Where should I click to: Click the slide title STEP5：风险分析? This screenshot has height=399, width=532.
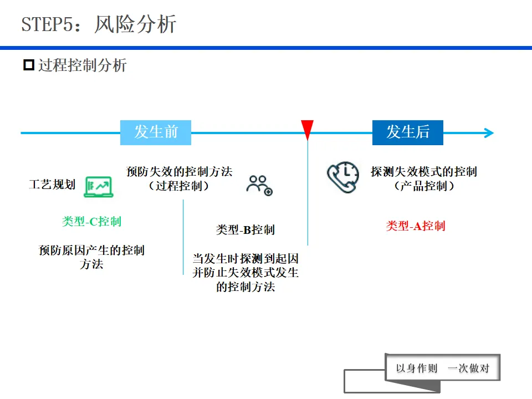99,25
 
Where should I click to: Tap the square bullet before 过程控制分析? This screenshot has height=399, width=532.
28,65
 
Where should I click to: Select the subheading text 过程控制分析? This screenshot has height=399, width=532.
82,65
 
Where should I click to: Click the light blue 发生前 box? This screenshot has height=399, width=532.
156,132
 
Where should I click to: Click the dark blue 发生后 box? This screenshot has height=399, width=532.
407,132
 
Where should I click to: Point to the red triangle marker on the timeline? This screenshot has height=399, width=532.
308,130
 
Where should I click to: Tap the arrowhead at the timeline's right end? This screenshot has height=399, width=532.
488,133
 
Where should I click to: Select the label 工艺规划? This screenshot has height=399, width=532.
52,185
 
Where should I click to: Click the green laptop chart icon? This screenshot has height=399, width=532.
98,187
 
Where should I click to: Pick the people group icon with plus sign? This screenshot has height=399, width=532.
259,186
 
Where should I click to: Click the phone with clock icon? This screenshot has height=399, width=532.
342,177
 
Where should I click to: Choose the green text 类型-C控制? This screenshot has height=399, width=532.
91,222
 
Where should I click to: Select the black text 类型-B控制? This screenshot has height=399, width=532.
245,230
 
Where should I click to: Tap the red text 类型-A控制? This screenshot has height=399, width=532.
416,226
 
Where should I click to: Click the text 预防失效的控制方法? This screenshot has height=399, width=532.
179,172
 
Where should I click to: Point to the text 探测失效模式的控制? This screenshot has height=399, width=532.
424,172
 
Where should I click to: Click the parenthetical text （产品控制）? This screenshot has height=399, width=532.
424,186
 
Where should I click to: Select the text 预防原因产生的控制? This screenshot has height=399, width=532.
91,250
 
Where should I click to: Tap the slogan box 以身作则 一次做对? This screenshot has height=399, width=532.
442,368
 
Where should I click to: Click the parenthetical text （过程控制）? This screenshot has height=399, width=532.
179,186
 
